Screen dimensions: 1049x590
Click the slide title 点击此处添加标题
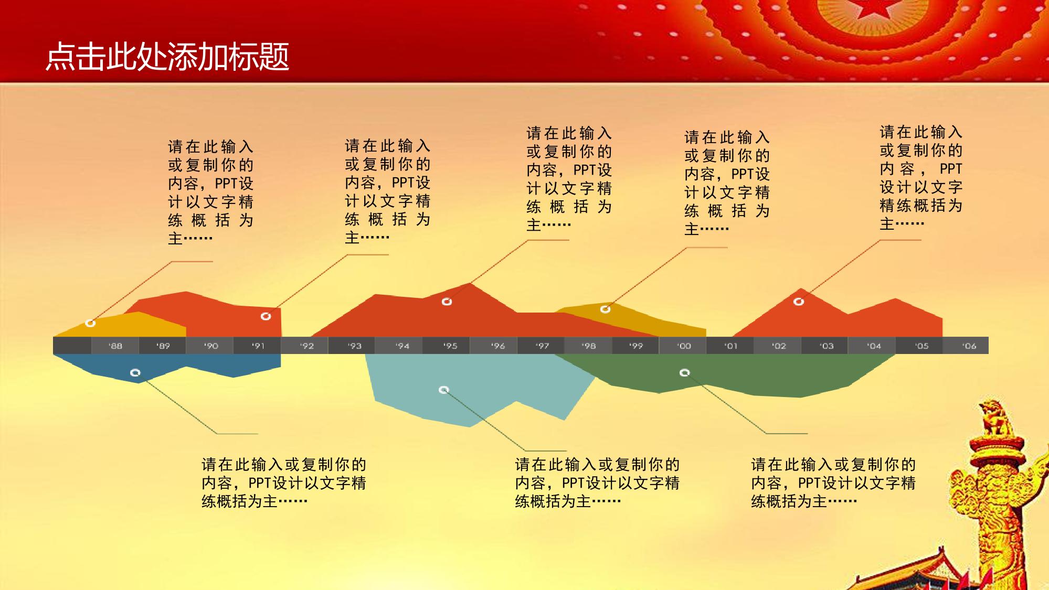point(167,57)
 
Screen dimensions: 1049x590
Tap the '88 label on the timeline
point(115,346)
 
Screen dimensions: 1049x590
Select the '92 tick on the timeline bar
point(307,346)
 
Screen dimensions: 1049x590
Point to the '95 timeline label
point(450,346)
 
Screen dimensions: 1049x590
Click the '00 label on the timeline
point(684,346)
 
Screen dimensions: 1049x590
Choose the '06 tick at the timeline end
point(969,346)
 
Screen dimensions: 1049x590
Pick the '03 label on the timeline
point(827,346)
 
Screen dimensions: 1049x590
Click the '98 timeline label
point(589,346)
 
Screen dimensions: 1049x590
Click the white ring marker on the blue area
point(135,373)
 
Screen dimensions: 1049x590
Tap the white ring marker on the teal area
point(444,390)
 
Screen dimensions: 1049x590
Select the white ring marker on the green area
point(684,372)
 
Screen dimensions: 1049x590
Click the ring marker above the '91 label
point(266,316)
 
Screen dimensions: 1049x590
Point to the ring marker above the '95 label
point(447,302)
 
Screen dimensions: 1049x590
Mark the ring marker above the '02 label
point(799,302)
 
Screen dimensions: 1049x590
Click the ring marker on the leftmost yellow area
point(90,323)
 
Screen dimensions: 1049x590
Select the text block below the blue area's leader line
point(284,483)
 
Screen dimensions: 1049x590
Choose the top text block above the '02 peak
point(921,178)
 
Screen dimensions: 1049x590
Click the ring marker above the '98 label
point(605,309)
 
